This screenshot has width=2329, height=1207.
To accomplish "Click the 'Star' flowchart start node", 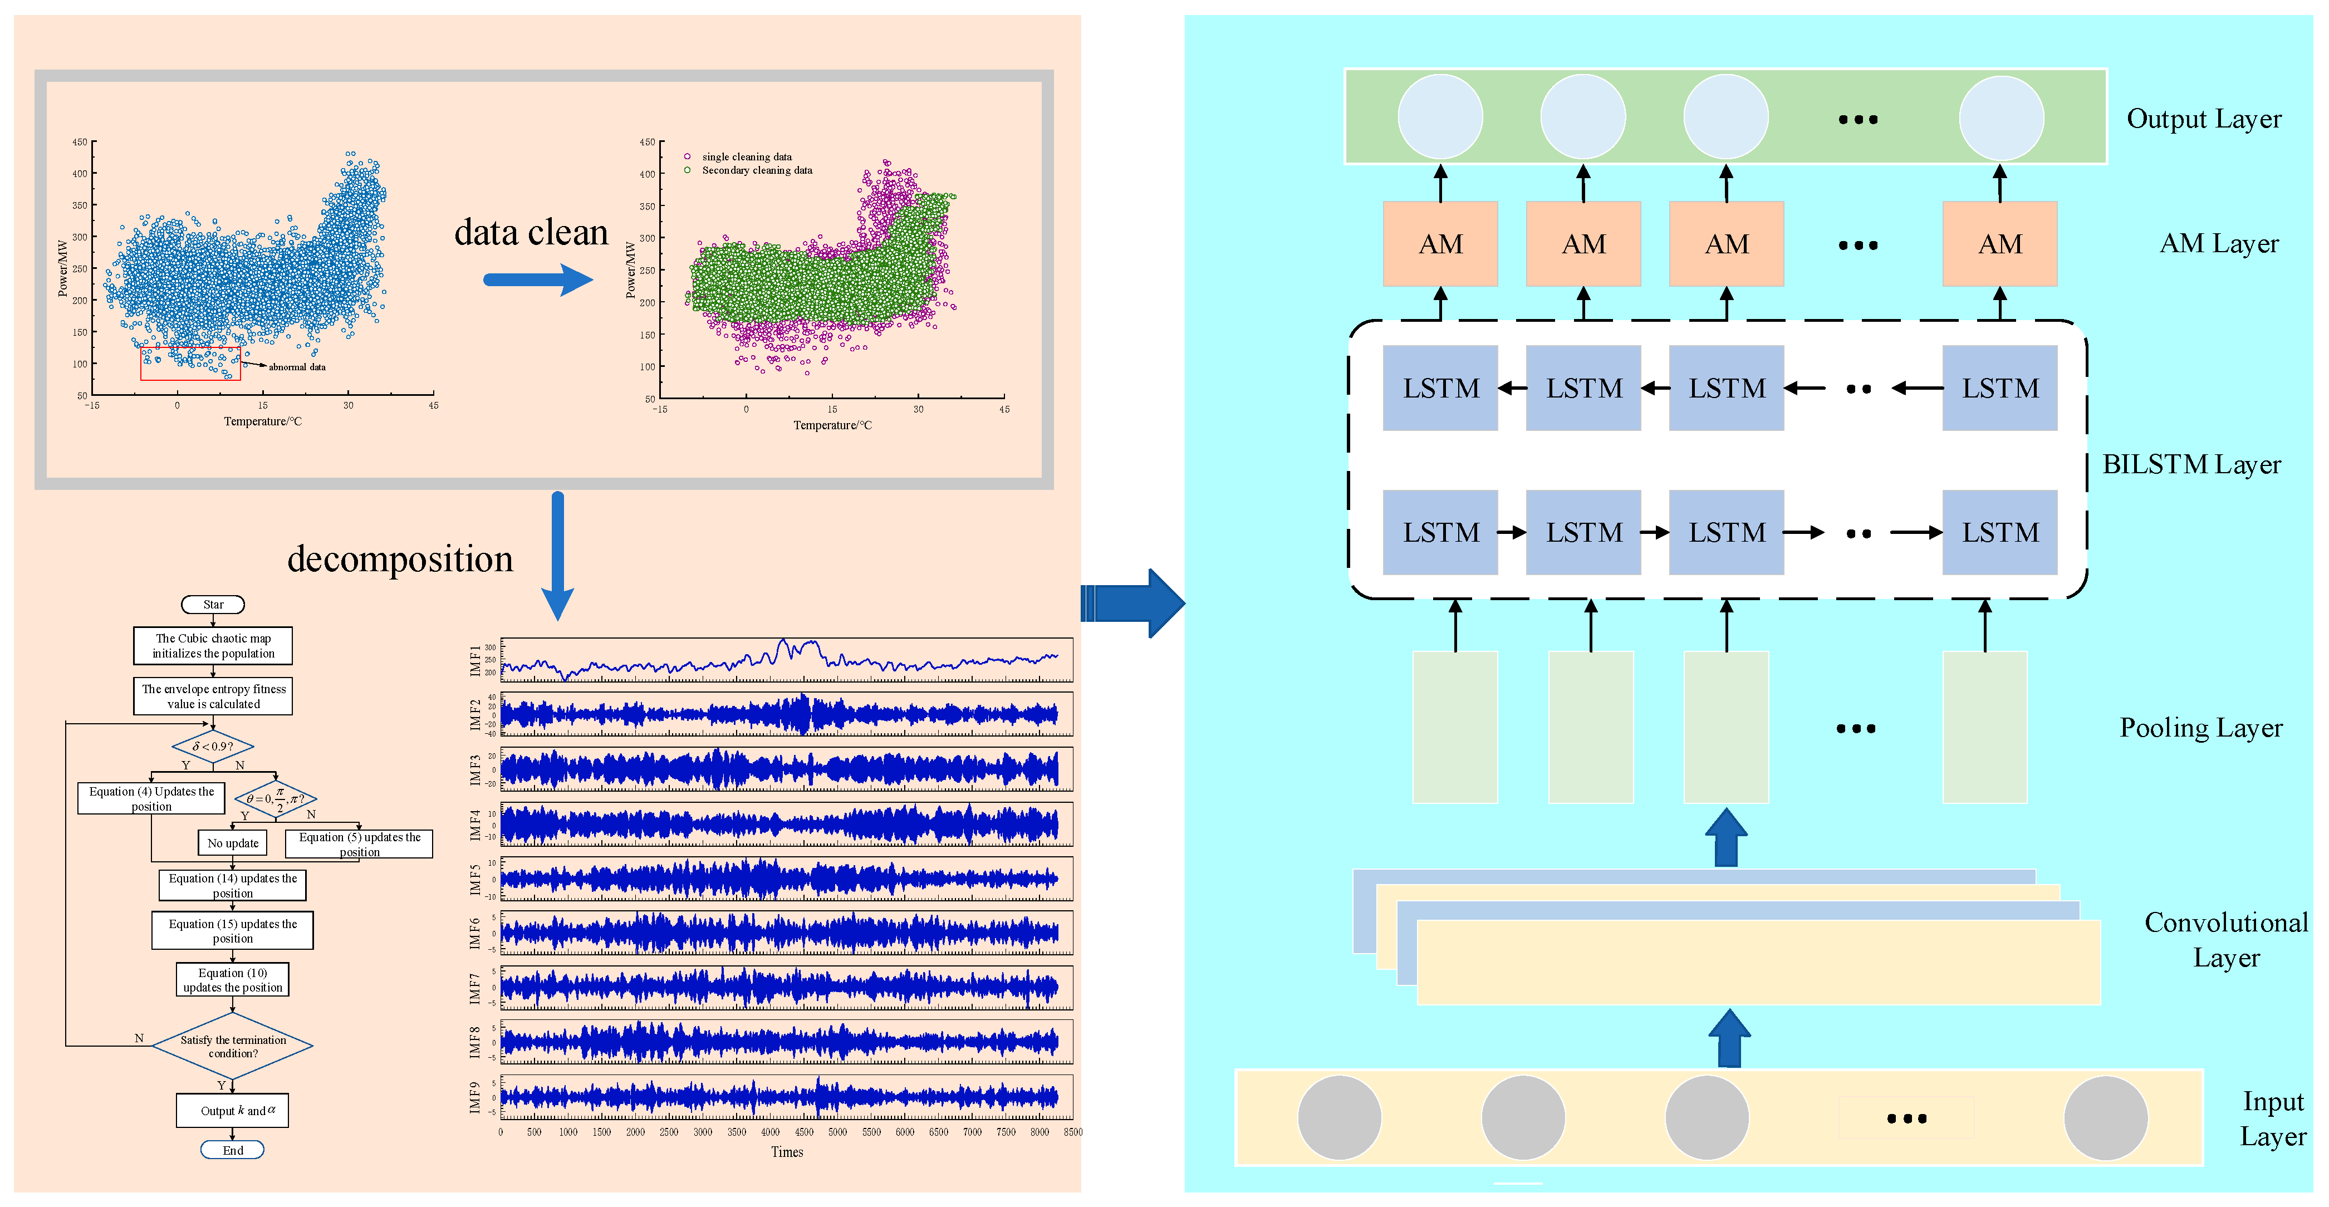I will (213, 604).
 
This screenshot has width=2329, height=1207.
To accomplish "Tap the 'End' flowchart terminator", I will (232, 1150).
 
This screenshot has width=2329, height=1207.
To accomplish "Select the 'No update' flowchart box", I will (232, 843).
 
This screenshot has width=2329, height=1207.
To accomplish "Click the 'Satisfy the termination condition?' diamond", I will (232, 1046).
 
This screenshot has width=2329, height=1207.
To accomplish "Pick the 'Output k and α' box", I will (232, 1110).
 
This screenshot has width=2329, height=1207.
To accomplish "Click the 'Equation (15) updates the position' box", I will (232, 930).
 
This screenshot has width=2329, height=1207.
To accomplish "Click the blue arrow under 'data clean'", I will (537, 279).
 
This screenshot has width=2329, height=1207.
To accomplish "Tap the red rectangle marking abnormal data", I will (190, 364).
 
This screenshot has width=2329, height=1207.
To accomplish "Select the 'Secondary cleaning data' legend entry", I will (756, 170).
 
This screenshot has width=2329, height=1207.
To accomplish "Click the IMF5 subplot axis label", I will (475, 879).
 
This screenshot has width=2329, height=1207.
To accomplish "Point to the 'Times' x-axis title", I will (787, 1152).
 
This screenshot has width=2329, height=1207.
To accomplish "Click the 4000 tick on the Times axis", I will (771, 1132).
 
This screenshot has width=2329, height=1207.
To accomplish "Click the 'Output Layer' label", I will (2203, 119).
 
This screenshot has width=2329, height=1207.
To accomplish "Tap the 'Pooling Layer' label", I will (2200, 728).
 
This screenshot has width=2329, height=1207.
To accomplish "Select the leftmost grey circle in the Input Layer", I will (1339, 1117).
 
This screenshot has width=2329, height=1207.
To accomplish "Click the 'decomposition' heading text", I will (400, 560).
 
